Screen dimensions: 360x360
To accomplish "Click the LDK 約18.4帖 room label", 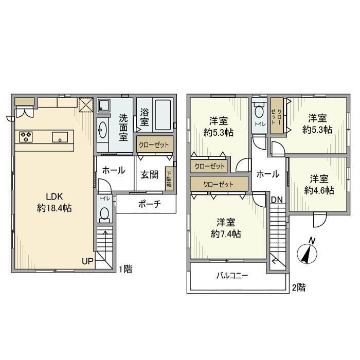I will coord(54,202).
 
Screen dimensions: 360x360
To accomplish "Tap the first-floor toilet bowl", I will coord(105,213).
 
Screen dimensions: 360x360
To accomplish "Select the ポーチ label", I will coord(150,204).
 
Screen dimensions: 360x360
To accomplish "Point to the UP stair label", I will coord(87,261).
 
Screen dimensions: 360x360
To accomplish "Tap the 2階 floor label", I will coord(298,288).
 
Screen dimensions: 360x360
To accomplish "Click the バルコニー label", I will coord(231,276).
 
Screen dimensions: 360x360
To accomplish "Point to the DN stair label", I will coord(276,199).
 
